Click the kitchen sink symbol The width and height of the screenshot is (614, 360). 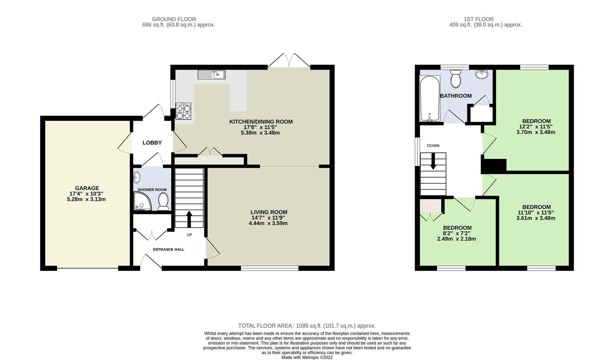tap(212, 74)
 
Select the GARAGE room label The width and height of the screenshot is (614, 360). tap(87, 188)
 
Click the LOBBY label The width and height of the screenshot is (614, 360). tap(152, 143)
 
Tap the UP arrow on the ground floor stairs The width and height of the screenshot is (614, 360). tap(189, 219)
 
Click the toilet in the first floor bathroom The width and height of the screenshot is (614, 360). tap(455, 78)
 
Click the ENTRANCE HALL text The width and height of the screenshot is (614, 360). tap(169, 249)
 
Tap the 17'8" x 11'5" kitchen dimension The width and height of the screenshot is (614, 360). tap(260, 127)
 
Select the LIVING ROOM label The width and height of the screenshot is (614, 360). tap(269, 212)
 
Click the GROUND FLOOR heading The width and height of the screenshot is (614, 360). tap(174, 19)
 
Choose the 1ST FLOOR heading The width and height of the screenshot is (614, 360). tap(478, 19)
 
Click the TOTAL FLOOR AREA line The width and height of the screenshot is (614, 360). tap(307, 326)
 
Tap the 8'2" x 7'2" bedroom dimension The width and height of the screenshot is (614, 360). tap(457, 233)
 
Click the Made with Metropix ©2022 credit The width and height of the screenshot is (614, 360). tap(307, 357)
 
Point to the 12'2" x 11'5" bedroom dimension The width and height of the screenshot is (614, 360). tap(536, 127)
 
